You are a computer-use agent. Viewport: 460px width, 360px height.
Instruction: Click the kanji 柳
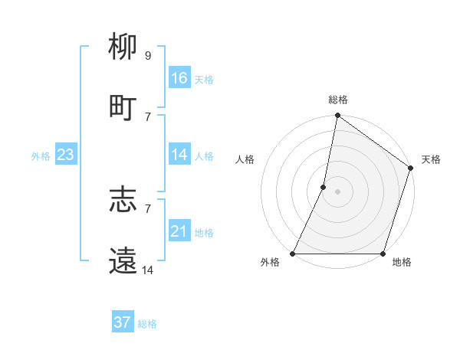(123, 48)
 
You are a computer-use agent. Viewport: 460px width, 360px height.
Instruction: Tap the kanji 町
(123, 107)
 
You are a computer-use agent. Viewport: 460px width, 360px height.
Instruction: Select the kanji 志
(123, 201)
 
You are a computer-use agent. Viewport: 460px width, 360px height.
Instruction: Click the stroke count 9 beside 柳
(148, 56)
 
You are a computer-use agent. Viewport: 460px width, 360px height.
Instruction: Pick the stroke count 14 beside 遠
(148, 269)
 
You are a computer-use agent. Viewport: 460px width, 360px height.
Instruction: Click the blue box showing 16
(179, 78)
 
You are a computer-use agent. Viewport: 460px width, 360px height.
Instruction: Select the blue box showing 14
(179, 155)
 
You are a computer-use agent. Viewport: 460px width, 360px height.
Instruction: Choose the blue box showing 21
(179, 231)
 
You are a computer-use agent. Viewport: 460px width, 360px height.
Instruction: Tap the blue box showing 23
(65, 155)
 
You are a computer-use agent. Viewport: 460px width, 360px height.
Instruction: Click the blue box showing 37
(122, 322)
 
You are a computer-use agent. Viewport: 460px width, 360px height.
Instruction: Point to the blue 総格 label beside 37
(147, 324)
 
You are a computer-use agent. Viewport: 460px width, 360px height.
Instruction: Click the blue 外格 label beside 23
(41, 156)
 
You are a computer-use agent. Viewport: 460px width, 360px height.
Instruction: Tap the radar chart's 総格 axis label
(338, 100)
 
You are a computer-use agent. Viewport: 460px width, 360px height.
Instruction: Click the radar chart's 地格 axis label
(402, 263)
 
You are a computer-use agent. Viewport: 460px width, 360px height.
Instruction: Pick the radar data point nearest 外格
(293, 254)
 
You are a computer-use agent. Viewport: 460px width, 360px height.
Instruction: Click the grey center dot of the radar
(338, 191)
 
